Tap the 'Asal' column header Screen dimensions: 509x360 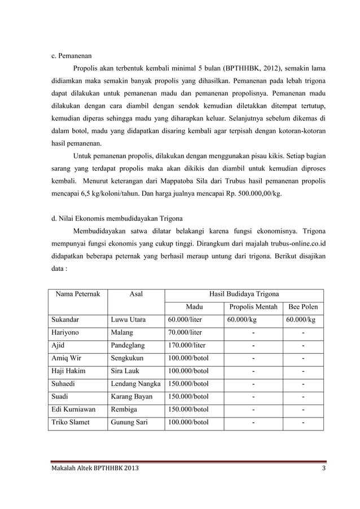[136, 294]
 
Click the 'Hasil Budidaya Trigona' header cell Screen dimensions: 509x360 [244, 294]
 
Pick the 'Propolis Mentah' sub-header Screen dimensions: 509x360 [253, 307]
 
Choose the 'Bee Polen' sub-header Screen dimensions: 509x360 [303, 307]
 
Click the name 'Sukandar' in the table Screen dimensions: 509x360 [65, 320]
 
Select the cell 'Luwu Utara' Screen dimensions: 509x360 [128, 320]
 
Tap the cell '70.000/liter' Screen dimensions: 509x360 [185, 333]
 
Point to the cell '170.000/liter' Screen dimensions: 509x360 [187, 346]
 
